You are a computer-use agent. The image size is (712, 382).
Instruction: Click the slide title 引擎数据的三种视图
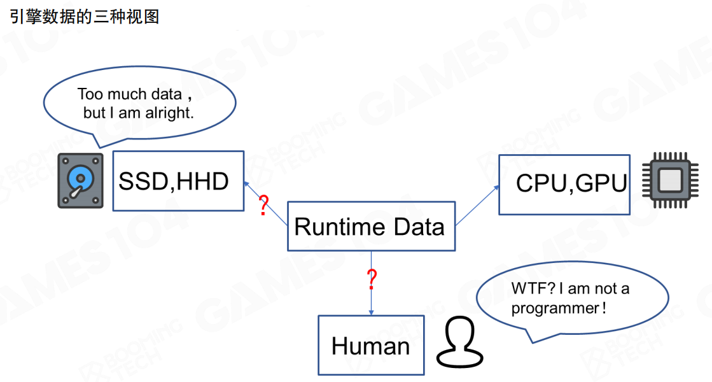(84, 17)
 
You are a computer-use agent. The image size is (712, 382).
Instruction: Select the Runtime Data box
(371, 227)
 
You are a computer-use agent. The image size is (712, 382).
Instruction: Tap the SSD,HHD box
(178, 181)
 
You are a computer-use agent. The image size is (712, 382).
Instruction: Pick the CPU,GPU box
(564, 184)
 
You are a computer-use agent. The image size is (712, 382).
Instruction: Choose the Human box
(370, 346)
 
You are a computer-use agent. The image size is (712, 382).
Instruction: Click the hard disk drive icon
(80, 181)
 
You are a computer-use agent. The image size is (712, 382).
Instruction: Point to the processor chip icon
(668, 181)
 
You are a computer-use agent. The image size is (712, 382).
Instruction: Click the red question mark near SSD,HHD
(263, 206)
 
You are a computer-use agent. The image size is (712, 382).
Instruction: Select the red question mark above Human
(372, 278)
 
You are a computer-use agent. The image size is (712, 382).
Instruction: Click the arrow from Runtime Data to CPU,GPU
(477, 205)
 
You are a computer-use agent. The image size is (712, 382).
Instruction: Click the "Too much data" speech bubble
(139, 104)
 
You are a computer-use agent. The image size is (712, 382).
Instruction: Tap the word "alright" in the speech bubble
(169, 113)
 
